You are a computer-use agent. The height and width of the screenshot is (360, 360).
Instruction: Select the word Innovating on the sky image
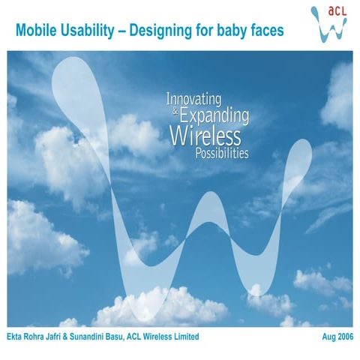click(x=193, y=98)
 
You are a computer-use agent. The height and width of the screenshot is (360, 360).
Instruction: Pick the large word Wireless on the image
click(x=205, y=136)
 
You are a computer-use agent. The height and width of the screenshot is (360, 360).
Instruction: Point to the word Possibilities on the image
click(x=220, y=154)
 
